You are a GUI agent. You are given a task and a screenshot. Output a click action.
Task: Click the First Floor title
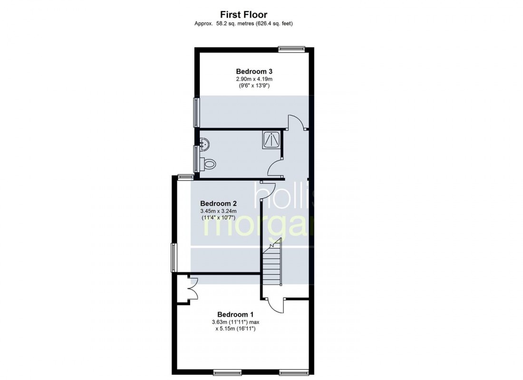pos(243,15)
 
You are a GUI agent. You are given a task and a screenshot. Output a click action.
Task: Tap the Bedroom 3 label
pos(254,71)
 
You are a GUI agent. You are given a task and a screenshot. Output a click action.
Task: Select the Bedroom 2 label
pos(219,203)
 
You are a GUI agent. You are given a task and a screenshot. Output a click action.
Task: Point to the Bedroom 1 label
pos(235,314)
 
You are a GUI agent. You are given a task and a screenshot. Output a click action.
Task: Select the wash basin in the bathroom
pos(205,144)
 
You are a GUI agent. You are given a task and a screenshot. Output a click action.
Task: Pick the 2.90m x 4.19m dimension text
pos(254,79)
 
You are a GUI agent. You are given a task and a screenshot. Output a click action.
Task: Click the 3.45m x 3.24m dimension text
pos(219,211)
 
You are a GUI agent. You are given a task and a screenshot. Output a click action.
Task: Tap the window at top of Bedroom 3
pos(292,49)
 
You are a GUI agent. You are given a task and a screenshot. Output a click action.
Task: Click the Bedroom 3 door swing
pos(296,122)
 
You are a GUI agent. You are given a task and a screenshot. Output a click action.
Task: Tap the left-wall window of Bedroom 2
pos(174,257)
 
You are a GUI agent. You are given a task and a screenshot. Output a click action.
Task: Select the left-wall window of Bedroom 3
pos(196,112)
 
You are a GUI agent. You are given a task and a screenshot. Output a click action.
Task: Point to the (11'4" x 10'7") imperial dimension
pos(219,218)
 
